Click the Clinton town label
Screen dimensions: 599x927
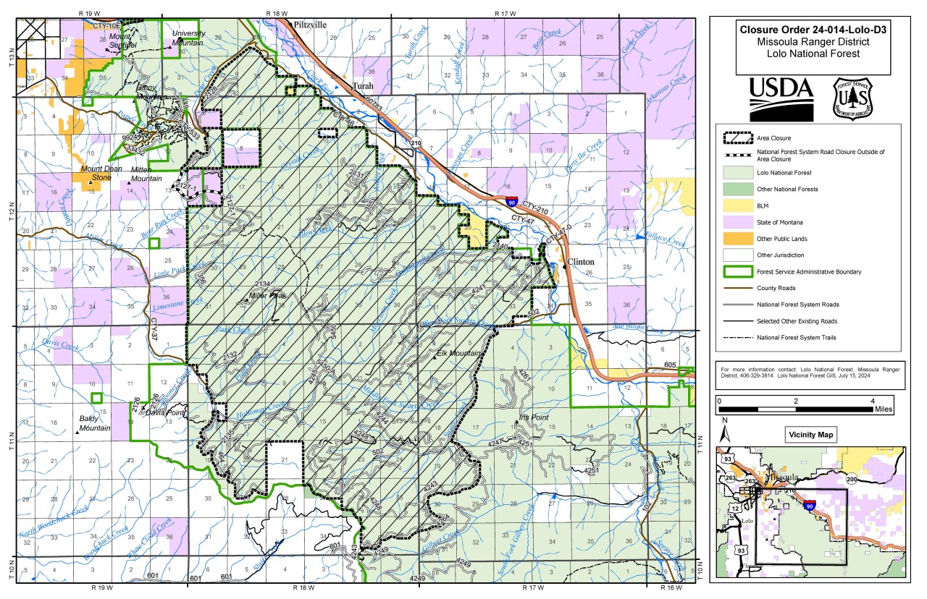click(x=581, y=261)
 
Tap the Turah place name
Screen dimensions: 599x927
click(x=363, y=86)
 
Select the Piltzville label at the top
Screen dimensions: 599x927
click(x=310, y=25)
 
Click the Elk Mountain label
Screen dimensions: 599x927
click(x=459, y=353)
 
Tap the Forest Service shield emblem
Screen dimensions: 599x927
click(x=852, y=98)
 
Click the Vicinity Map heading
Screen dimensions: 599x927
click(x=810, y=436)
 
